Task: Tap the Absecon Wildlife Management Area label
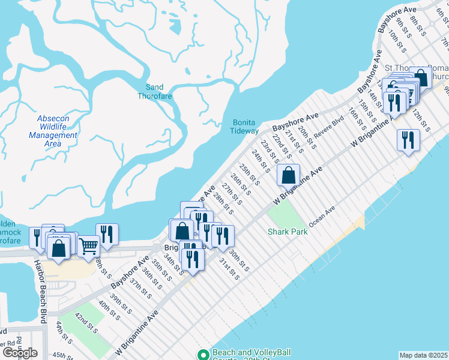tap(53, 131)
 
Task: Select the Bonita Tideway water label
tap(246, 127)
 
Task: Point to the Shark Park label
tap(287, 232)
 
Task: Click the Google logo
tap(20, 353)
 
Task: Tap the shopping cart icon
tap(88, 245)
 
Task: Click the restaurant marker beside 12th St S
tap(408, 140)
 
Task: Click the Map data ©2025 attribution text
tap(423, 355)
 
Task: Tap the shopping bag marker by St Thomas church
tap(421, 77)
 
